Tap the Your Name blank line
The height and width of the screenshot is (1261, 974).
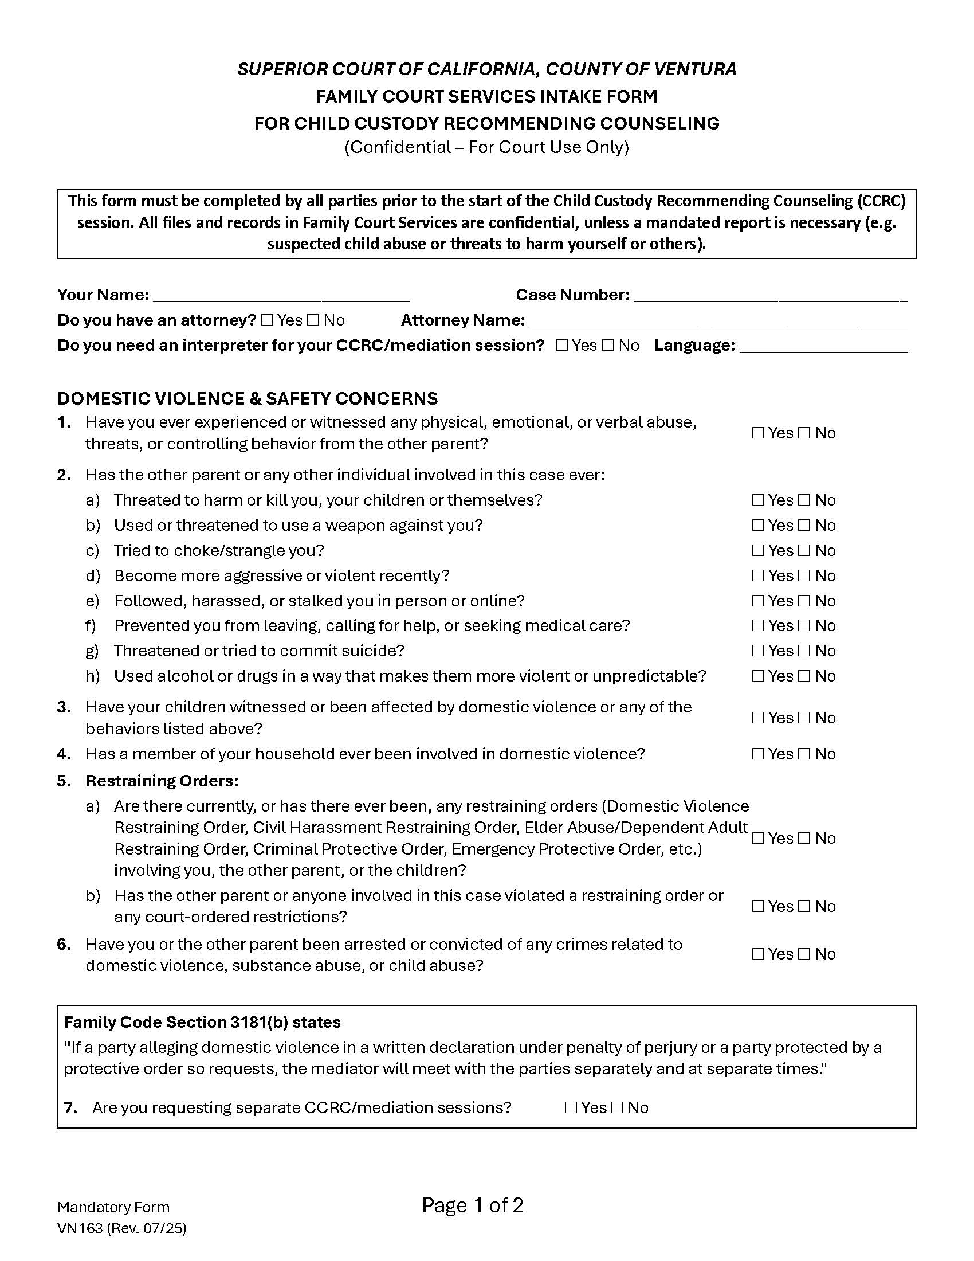point(281,296)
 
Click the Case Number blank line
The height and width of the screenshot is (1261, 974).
point(769,296)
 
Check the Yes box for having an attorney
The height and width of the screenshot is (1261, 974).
point(267,320)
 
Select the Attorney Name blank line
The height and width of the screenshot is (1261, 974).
point(718,321)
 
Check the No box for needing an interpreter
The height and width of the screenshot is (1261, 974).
point(608,346)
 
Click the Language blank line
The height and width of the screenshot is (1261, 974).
point(823,346)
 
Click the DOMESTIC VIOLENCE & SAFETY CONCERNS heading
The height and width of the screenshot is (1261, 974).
point(248,398)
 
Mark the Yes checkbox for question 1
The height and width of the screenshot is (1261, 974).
point(758,433)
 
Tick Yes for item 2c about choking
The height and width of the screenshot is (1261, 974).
point(758,551)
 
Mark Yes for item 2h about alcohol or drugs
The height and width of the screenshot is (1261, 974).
point(758,676)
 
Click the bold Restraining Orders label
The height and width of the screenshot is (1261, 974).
point(162,781)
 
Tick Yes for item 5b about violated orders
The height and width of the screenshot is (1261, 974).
point(758,907)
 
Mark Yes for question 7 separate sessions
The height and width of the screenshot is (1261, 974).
point(571,1108)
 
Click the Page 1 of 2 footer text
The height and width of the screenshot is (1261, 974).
point(473,1205)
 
